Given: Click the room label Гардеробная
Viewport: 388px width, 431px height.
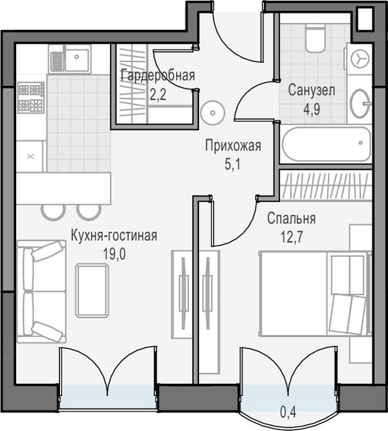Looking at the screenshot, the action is point(158,76).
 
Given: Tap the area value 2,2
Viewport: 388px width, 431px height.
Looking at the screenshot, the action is point(158,95).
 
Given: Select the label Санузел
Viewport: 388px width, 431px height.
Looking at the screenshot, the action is point(311,90).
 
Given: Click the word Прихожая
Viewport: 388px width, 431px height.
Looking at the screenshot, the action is point(233,145).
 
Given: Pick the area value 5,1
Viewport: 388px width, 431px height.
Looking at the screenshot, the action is point(232,164).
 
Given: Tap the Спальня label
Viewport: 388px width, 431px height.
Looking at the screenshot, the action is point(292,218).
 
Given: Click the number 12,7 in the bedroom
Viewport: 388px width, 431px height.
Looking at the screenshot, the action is point(292,237).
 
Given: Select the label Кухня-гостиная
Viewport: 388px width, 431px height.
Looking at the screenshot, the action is point(114,236).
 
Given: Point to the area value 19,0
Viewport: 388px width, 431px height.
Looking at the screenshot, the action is point(114,254).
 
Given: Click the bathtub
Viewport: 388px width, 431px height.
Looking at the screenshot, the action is point(326,144).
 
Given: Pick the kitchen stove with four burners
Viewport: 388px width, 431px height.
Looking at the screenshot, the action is point(31,98).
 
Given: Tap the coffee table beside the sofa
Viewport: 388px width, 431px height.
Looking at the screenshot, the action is point(93,290).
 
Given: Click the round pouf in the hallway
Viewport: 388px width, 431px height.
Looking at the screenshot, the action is point(213,113).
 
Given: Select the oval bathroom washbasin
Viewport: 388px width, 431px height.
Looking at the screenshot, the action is point(361,103).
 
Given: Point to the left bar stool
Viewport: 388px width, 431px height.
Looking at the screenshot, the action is point(53,212).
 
